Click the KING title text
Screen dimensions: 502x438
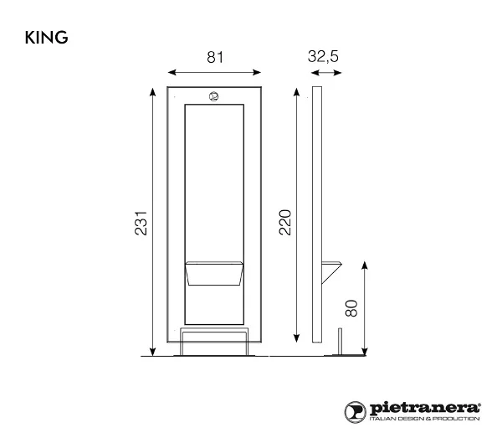[x=46, y=38]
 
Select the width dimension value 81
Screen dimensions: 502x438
[x=215, y=57]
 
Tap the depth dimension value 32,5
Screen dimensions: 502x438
[x=323, y=56]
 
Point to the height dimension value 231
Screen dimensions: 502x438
[x=141, y=223]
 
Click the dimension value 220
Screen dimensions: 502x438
[x=285, y=223]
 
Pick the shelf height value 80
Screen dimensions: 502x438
[x=351, y=308]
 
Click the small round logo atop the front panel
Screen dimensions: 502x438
[x=213, y=96]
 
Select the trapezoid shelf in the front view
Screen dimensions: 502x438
[x=214, y=273]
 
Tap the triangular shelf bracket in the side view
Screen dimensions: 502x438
[x=331, y=272]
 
